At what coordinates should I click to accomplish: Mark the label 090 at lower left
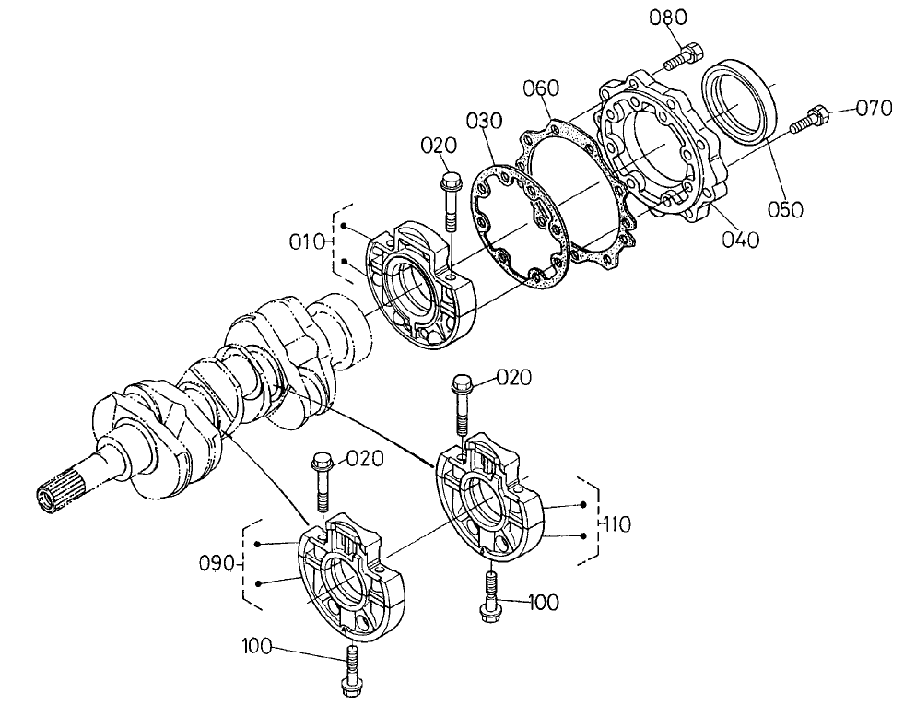(x=218, y=561)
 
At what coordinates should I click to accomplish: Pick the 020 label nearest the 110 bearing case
(x=516, y=376)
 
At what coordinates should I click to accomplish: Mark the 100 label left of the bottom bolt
(x=259, y=645)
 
